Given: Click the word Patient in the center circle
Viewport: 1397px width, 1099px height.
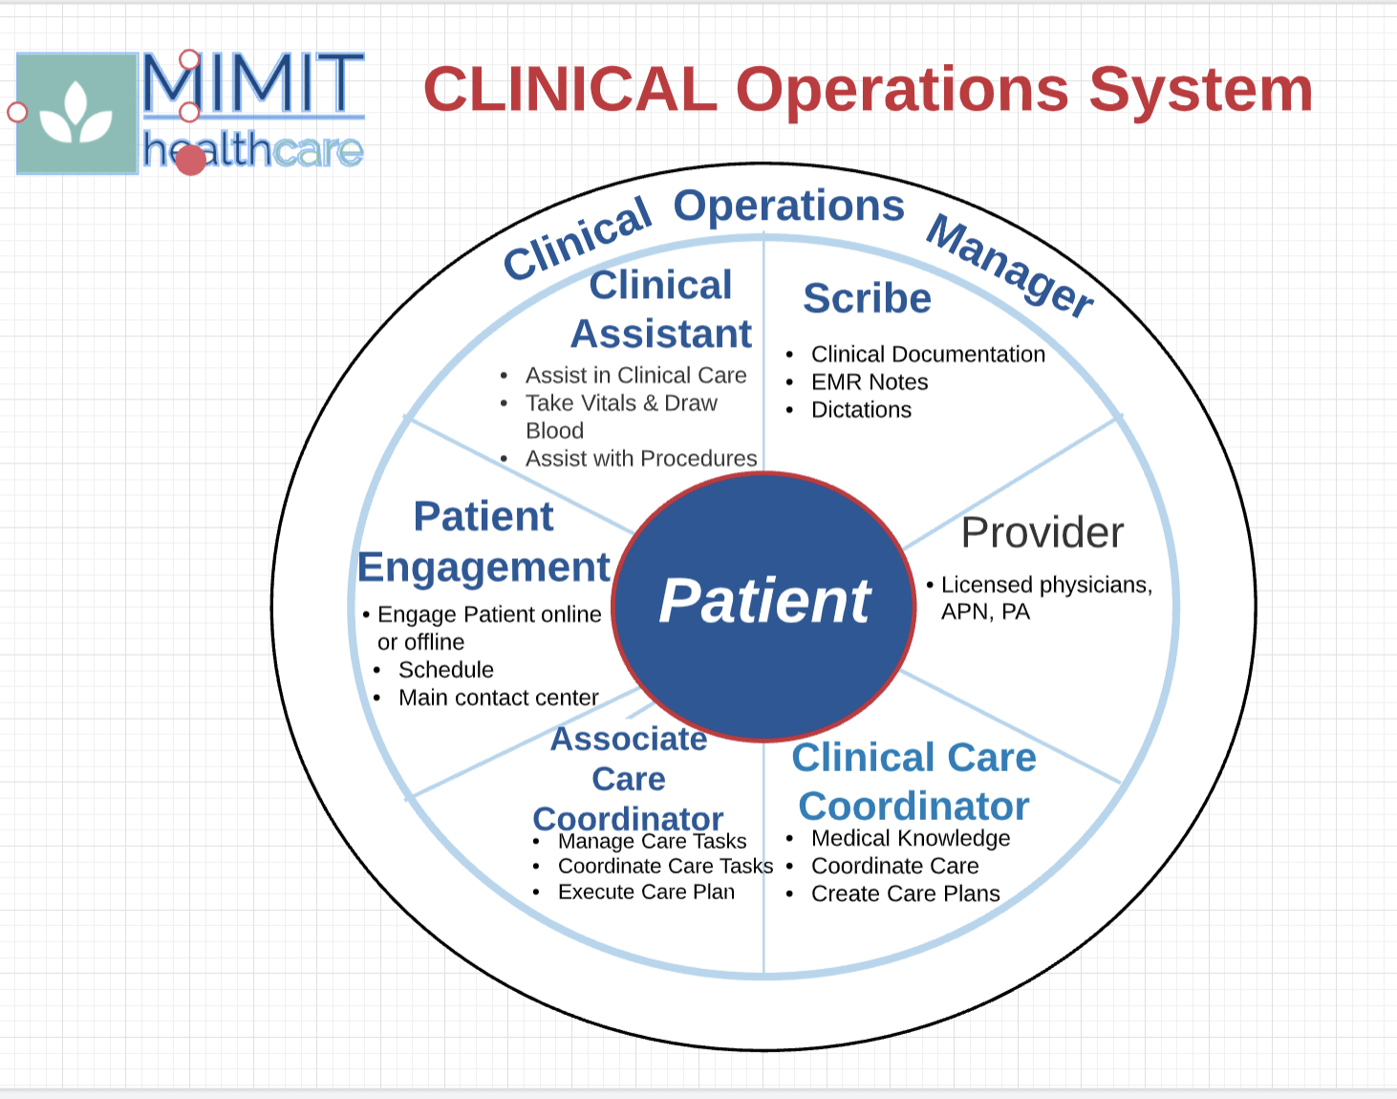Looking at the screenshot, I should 764,602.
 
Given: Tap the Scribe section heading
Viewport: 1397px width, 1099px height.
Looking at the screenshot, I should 867,298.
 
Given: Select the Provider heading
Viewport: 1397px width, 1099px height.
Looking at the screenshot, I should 1042,532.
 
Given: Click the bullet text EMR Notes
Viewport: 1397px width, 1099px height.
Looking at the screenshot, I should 870,382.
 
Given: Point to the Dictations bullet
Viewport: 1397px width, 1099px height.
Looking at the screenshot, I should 861,410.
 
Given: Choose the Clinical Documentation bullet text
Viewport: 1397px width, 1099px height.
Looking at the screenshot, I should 928,355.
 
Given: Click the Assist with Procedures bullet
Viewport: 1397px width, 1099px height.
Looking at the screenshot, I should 640,459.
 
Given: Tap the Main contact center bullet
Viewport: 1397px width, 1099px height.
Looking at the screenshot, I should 498,698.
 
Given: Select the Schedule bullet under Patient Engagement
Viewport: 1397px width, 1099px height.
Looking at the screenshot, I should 445,670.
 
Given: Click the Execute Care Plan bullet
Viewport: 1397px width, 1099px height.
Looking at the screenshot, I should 646,892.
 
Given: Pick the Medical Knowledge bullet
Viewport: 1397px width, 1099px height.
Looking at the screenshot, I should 910,838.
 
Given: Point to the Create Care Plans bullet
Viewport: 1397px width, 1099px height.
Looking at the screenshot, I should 905,894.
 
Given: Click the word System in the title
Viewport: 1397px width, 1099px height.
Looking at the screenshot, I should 1200,90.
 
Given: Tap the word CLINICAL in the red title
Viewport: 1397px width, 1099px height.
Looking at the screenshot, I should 570,90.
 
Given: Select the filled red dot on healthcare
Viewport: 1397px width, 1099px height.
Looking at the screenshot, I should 191,160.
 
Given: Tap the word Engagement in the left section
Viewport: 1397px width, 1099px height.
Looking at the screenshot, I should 484,568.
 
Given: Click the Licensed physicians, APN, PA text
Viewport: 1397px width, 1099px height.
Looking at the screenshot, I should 1045,597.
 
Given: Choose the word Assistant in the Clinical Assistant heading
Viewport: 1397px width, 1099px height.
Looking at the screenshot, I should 661,334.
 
